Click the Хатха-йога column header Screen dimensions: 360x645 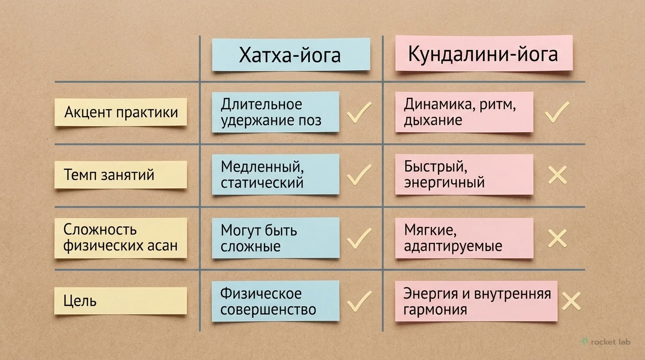click(291, 55)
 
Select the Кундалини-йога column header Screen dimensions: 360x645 click(483, 53)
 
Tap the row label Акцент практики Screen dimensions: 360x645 click(120, 112)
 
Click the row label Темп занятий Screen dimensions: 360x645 click(120, 175)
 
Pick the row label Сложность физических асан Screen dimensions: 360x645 click(120, 238)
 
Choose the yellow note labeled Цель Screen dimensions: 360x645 click(120, 300)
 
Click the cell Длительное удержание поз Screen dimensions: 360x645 click(275, 112)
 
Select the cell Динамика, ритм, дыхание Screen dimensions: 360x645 click(464, 112)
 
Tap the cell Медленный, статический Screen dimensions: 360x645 click(275, 174)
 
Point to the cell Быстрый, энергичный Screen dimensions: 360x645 click(464, 174)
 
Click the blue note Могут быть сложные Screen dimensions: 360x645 click(275, 238)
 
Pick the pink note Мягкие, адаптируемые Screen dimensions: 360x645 click(464, 238)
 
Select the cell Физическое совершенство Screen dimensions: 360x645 click(275, 301)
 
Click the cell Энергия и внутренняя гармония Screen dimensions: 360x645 click(476, 301)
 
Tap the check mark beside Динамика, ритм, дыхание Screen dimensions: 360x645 click(557, 112)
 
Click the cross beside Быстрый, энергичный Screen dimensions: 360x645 click(557, 175)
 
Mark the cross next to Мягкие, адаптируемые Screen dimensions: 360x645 click(557, 238)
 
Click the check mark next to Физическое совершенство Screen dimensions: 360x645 click(359, 301)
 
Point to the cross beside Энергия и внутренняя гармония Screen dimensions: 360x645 click(570, 301)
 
